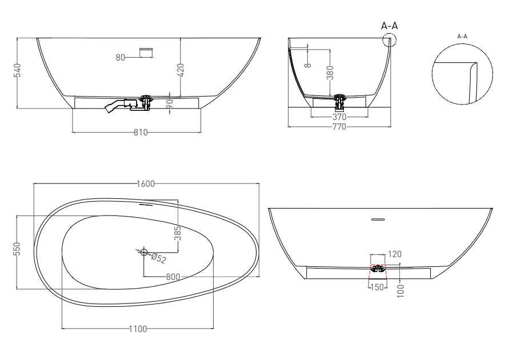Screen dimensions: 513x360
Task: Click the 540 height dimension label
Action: tap(17, 70)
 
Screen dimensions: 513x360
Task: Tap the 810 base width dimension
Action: tap(141, 132)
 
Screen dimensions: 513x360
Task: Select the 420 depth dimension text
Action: tap(181, 70)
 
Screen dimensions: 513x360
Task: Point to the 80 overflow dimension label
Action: tap(121, 58)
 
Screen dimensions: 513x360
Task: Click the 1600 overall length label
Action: tap(146, 183)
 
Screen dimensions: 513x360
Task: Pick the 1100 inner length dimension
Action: tap(138, 329)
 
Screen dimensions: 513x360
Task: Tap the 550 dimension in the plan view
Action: tap(17, 249)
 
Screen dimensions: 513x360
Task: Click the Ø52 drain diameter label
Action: tap(159, 258)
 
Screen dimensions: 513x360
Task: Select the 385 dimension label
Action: tap(178, 233)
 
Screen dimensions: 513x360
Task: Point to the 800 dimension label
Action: tap(173, 277)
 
